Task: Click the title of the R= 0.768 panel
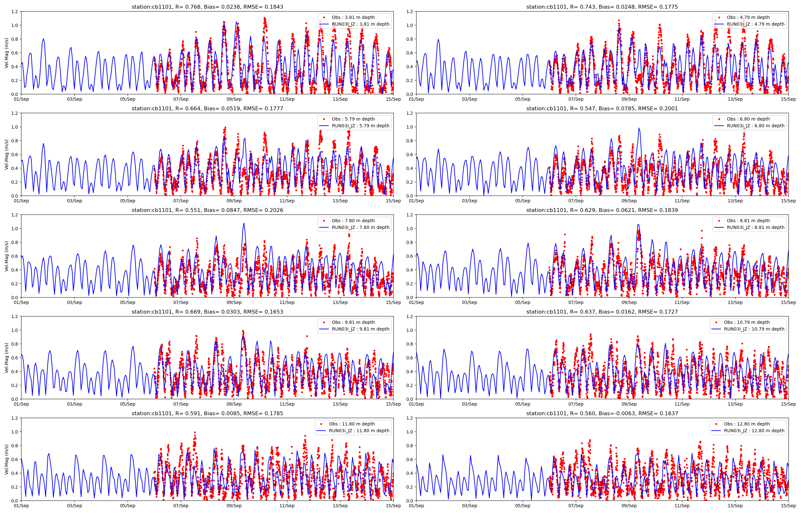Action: [x=207, y=7]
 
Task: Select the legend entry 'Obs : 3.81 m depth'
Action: [x=353, y=17]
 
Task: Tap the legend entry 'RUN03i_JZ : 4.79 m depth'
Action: [x=755, y=24]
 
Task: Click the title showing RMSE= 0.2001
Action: [x=602, y=109]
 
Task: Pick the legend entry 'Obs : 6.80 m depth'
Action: [x=748, y=119]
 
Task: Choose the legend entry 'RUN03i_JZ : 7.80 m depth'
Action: [x=360, y=228]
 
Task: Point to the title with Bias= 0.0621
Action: [x=602, y=210]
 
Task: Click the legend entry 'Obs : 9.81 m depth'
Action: [x=353, y=322]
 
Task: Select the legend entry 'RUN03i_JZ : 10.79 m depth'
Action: [x=754, y=329]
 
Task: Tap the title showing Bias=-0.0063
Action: [x=602, y=413]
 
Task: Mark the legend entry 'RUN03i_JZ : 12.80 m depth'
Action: [x=754, y=431]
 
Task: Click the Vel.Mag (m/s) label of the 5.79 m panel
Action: [x=7, y=155]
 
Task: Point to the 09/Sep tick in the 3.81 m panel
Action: [x=234, y=99]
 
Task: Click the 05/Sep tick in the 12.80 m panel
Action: [x=523, y=506]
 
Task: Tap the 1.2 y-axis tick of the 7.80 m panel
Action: [x=15, y=215]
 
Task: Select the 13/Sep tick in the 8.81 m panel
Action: [x=735, y=302]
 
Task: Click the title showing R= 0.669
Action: [x=207, y=312]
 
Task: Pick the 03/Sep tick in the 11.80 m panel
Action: [x=74, y=506]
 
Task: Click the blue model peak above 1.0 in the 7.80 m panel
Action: [x=244, y=223]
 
